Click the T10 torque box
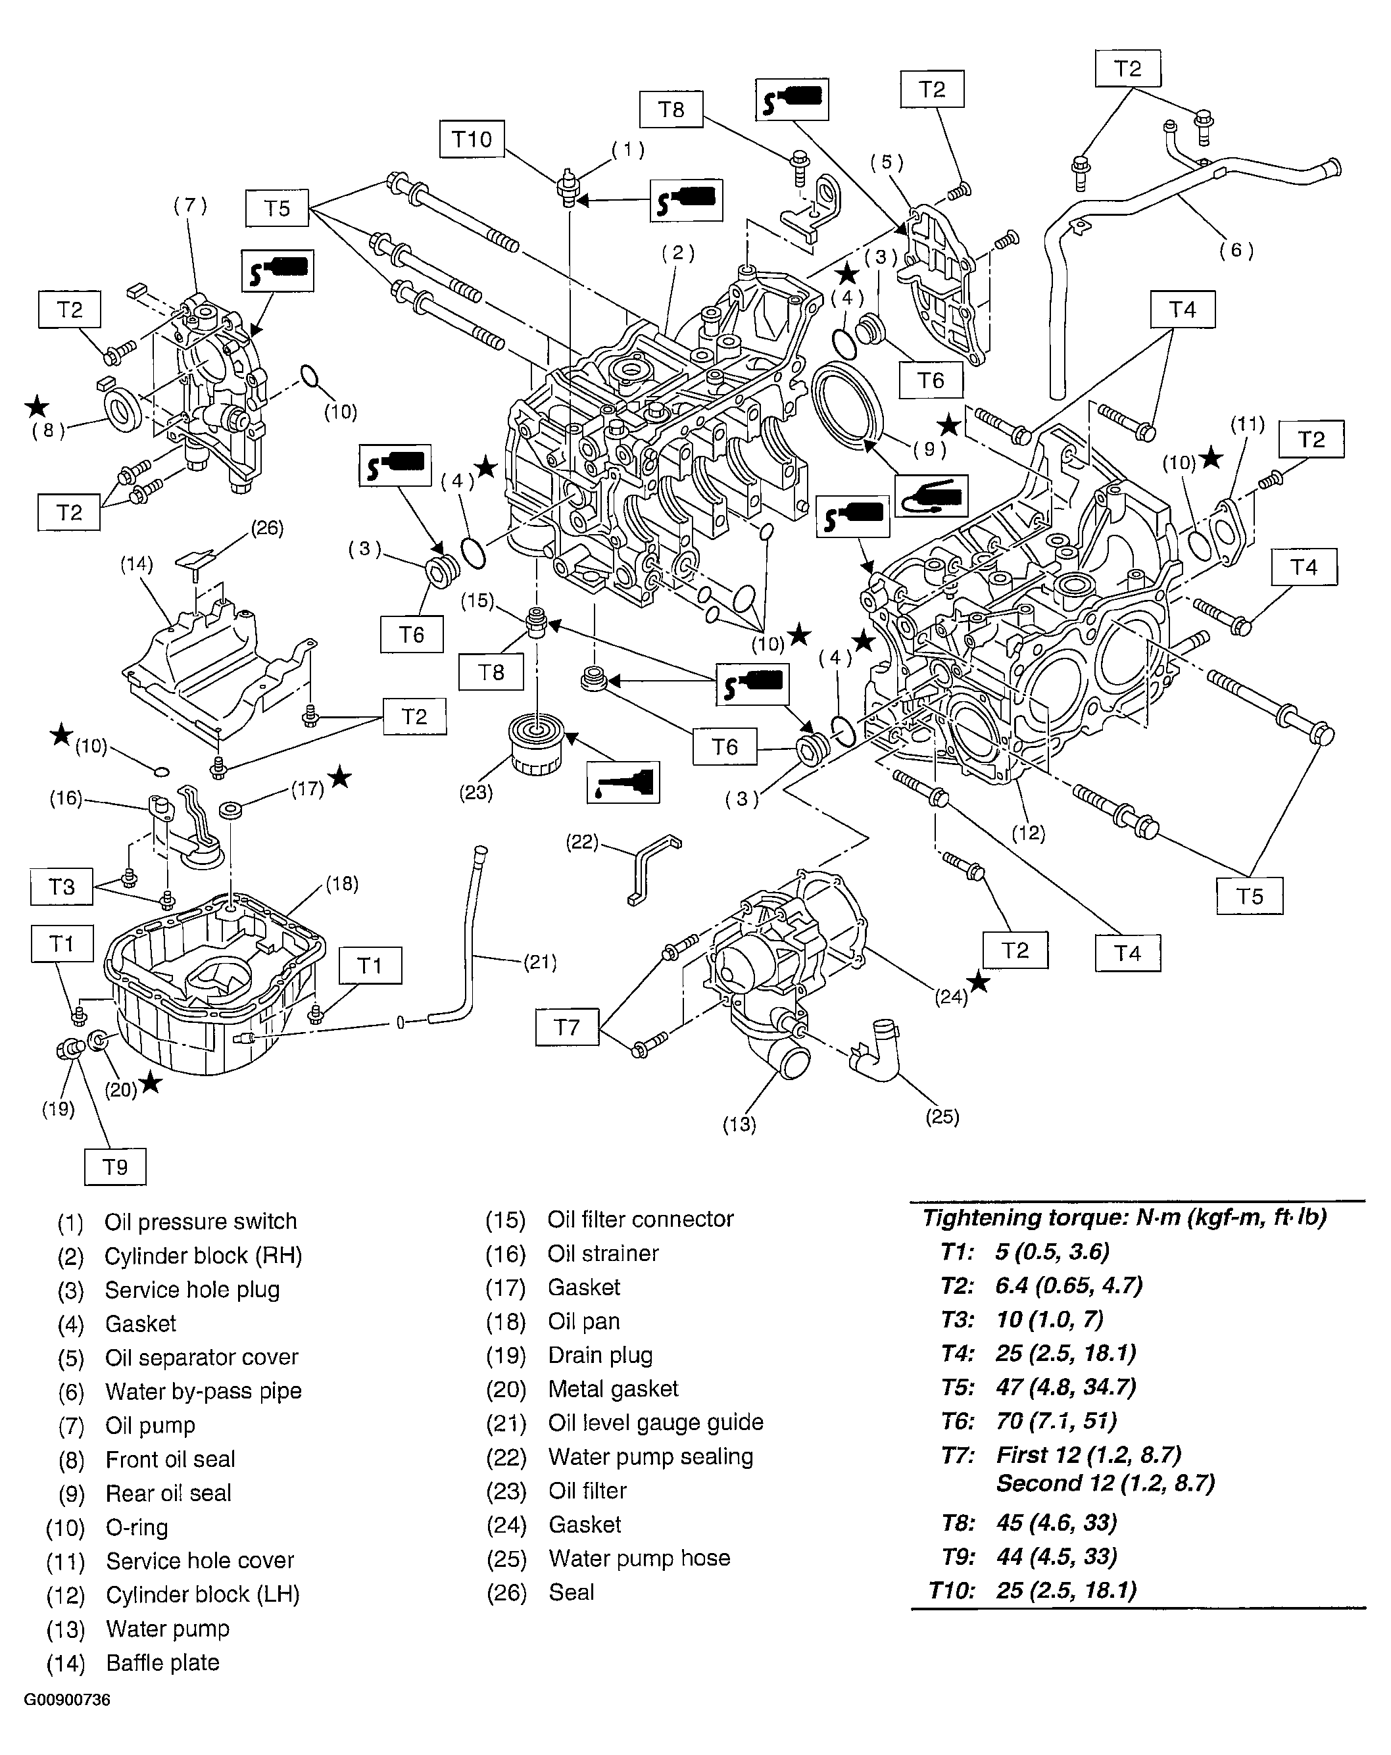[472, 139]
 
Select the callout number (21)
[540, 962]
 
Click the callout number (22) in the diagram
[582, 842]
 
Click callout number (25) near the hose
[942, 1116]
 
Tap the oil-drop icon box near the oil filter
[623, 781]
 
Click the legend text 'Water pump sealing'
[650, 1456]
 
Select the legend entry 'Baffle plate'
[163, 1662]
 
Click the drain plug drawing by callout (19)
[68, 1050]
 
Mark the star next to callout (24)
[979, 983]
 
